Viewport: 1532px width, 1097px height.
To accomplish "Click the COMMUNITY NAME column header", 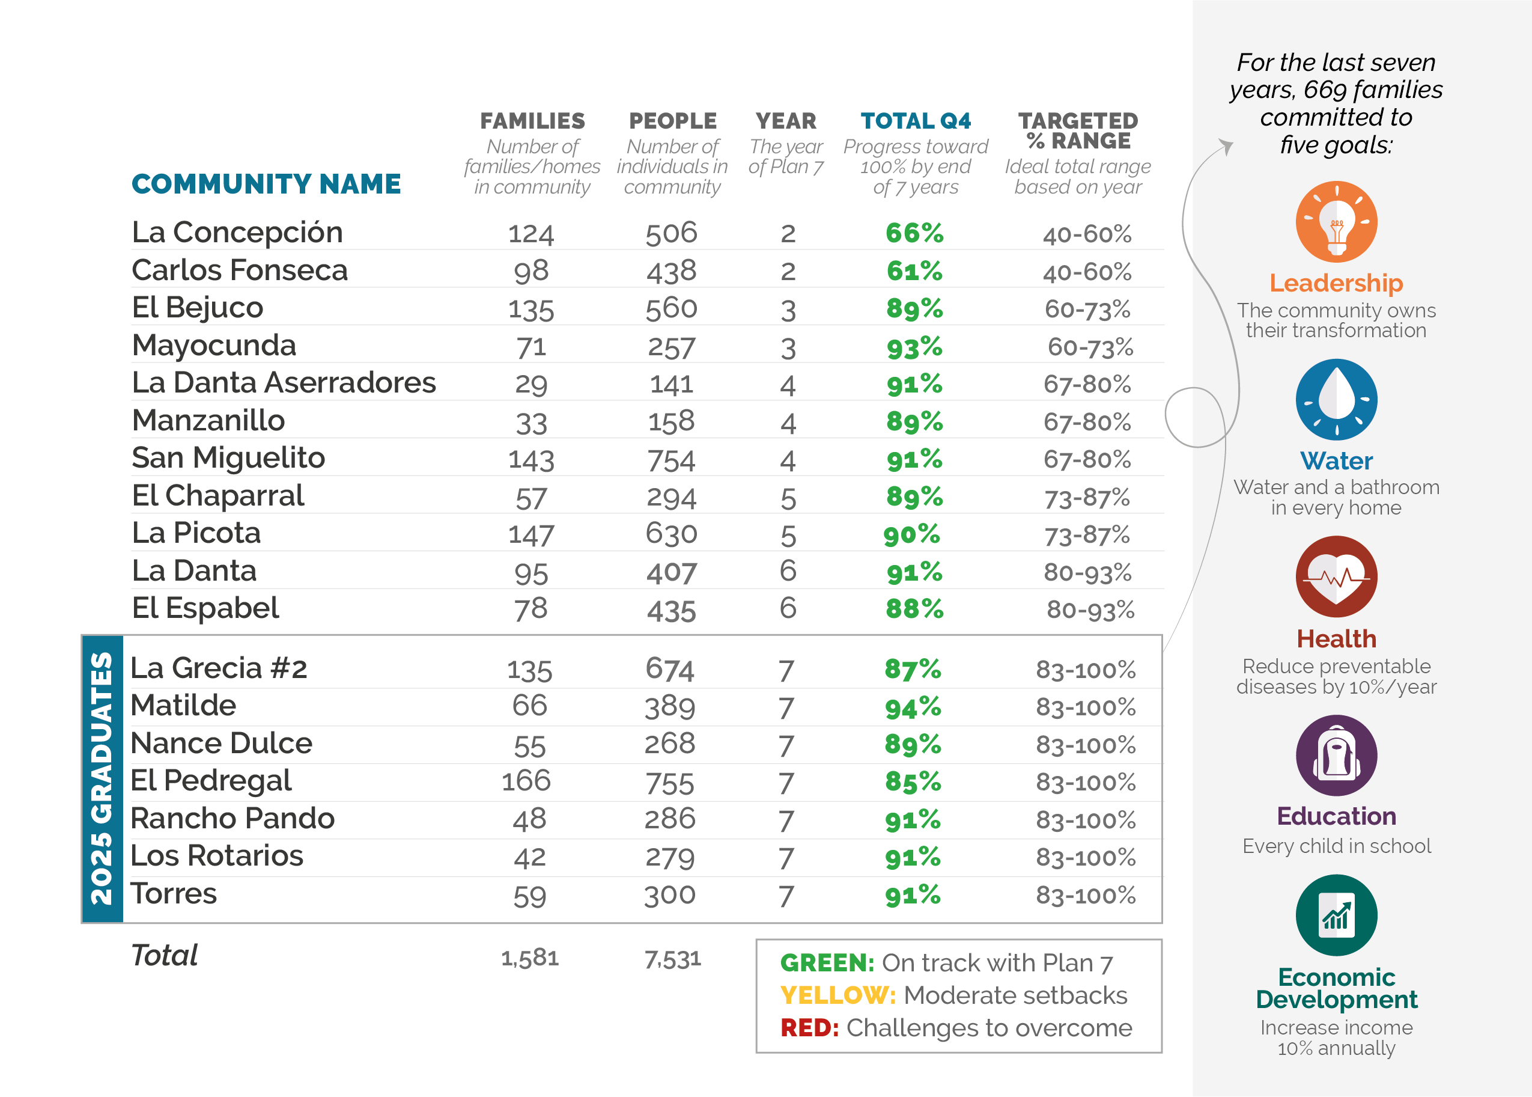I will [266, 184].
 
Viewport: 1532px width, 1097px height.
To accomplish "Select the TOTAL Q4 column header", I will [916, 121].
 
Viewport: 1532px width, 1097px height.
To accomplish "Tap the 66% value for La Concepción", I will [914, 233].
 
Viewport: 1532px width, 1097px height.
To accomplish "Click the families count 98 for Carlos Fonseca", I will [530, 271].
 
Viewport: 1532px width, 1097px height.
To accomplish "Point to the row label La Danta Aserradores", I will [284, 382].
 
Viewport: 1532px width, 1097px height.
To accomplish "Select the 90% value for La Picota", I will [911, 534].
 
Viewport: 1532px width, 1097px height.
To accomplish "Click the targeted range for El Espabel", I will [1090, 610].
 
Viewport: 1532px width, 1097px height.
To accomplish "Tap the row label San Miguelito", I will [228, 458].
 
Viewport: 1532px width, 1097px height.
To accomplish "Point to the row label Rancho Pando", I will [233, 818].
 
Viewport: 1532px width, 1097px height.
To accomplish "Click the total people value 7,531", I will [672, 959].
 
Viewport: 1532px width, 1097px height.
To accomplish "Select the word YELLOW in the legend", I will [837, 995].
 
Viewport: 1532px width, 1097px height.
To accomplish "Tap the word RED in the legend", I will [809, 1027].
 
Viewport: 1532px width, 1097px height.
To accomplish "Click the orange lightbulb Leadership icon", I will [1336, 222].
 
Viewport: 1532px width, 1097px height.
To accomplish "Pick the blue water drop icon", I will [1336, 399].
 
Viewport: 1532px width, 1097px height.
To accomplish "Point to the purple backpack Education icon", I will [1336, 755].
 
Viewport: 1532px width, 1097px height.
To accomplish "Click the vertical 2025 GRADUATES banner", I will [102, 778].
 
